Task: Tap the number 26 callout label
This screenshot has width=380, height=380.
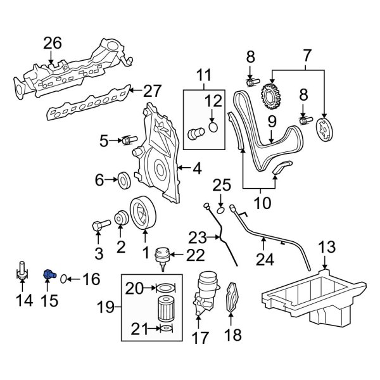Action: (x=53, y=44)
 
